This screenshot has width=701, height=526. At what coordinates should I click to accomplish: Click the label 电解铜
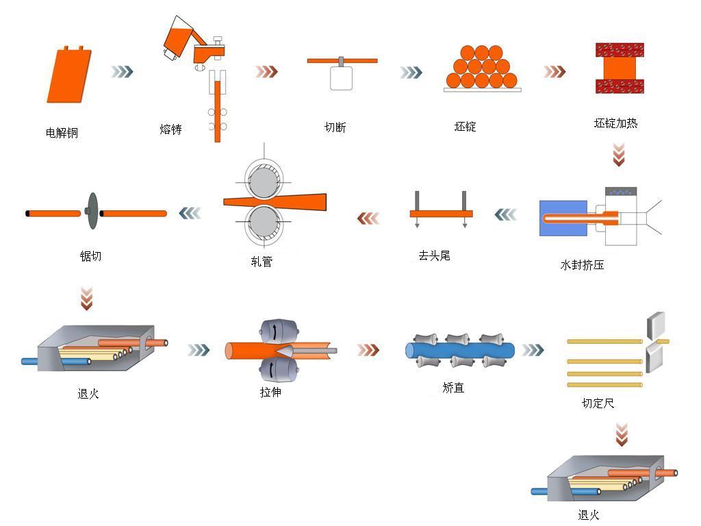coord(62,133)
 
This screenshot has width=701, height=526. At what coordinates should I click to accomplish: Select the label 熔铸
coord(170,129)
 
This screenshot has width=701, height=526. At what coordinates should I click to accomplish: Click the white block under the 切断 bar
coord(342,77)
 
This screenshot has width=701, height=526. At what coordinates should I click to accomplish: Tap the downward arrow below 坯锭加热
coord(619,154)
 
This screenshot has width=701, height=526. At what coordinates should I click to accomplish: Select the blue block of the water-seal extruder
coord(563,218)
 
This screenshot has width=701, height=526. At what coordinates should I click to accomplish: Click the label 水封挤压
coord(582,264)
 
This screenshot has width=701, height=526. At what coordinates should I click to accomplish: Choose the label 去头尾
coord(435,255)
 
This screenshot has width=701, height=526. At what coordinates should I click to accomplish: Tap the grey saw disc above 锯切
coord(91,213)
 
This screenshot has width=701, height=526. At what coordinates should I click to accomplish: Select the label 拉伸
coord(270,392)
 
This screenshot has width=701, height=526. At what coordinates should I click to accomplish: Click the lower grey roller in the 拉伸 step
coord(277,371)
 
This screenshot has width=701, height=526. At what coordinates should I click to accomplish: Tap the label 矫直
coord(453,388)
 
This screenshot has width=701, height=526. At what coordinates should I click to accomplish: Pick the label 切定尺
coord(598,403)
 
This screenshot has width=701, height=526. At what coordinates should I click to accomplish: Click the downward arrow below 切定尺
coord(621,434)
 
